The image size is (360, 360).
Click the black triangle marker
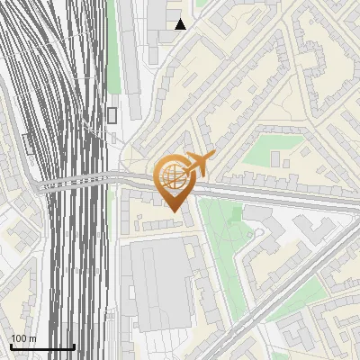pos(181,24)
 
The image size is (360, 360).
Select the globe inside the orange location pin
pos(171,174)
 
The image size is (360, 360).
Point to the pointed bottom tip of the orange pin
pos(173,211)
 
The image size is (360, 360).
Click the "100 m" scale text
pos(23,337)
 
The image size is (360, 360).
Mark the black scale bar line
pos(42,346)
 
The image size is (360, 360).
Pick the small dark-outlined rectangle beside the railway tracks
pos(112,114)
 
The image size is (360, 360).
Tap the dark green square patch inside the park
pos(237,213)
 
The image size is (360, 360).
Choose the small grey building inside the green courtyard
pos(275,159)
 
